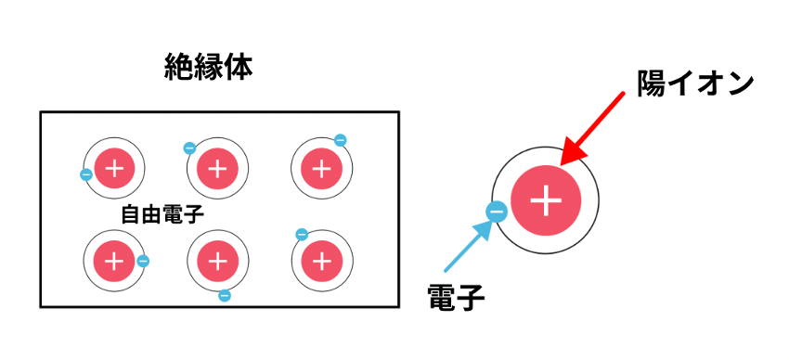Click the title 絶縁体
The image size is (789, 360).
click(x=208, y=68)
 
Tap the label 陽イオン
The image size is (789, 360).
click(x=695, y=84)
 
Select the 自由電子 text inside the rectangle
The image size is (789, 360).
click(x=162, y=214)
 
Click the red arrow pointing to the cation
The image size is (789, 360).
click(x=592, y=129)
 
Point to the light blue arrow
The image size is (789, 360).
click(x=467, y=248)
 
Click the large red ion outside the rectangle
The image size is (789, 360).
click(x=546, y=200)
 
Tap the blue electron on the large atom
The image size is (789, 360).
click(x=497, y=212)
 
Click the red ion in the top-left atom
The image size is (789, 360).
click(x=115, y=169)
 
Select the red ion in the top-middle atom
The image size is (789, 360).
click(x=217, y=169)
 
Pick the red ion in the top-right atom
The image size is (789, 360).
click(x=321, y=169)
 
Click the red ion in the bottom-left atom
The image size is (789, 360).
click(x=115, y=262)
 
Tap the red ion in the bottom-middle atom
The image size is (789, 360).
click(x=217, y=262)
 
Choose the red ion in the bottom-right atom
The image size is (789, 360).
click(x=321, y=262)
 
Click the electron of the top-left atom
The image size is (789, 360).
click(x=86, y=175)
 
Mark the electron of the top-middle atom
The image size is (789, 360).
click(x=189, y=148)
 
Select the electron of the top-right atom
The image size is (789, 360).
click(x=340, y=140)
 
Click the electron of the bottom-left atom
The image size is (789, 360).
click(x=143, y=261)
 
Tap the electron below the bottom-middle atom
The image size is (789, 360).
click(x=225, y=296)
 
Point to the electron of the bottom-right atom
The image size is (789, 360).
click(x=302, y=235)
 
